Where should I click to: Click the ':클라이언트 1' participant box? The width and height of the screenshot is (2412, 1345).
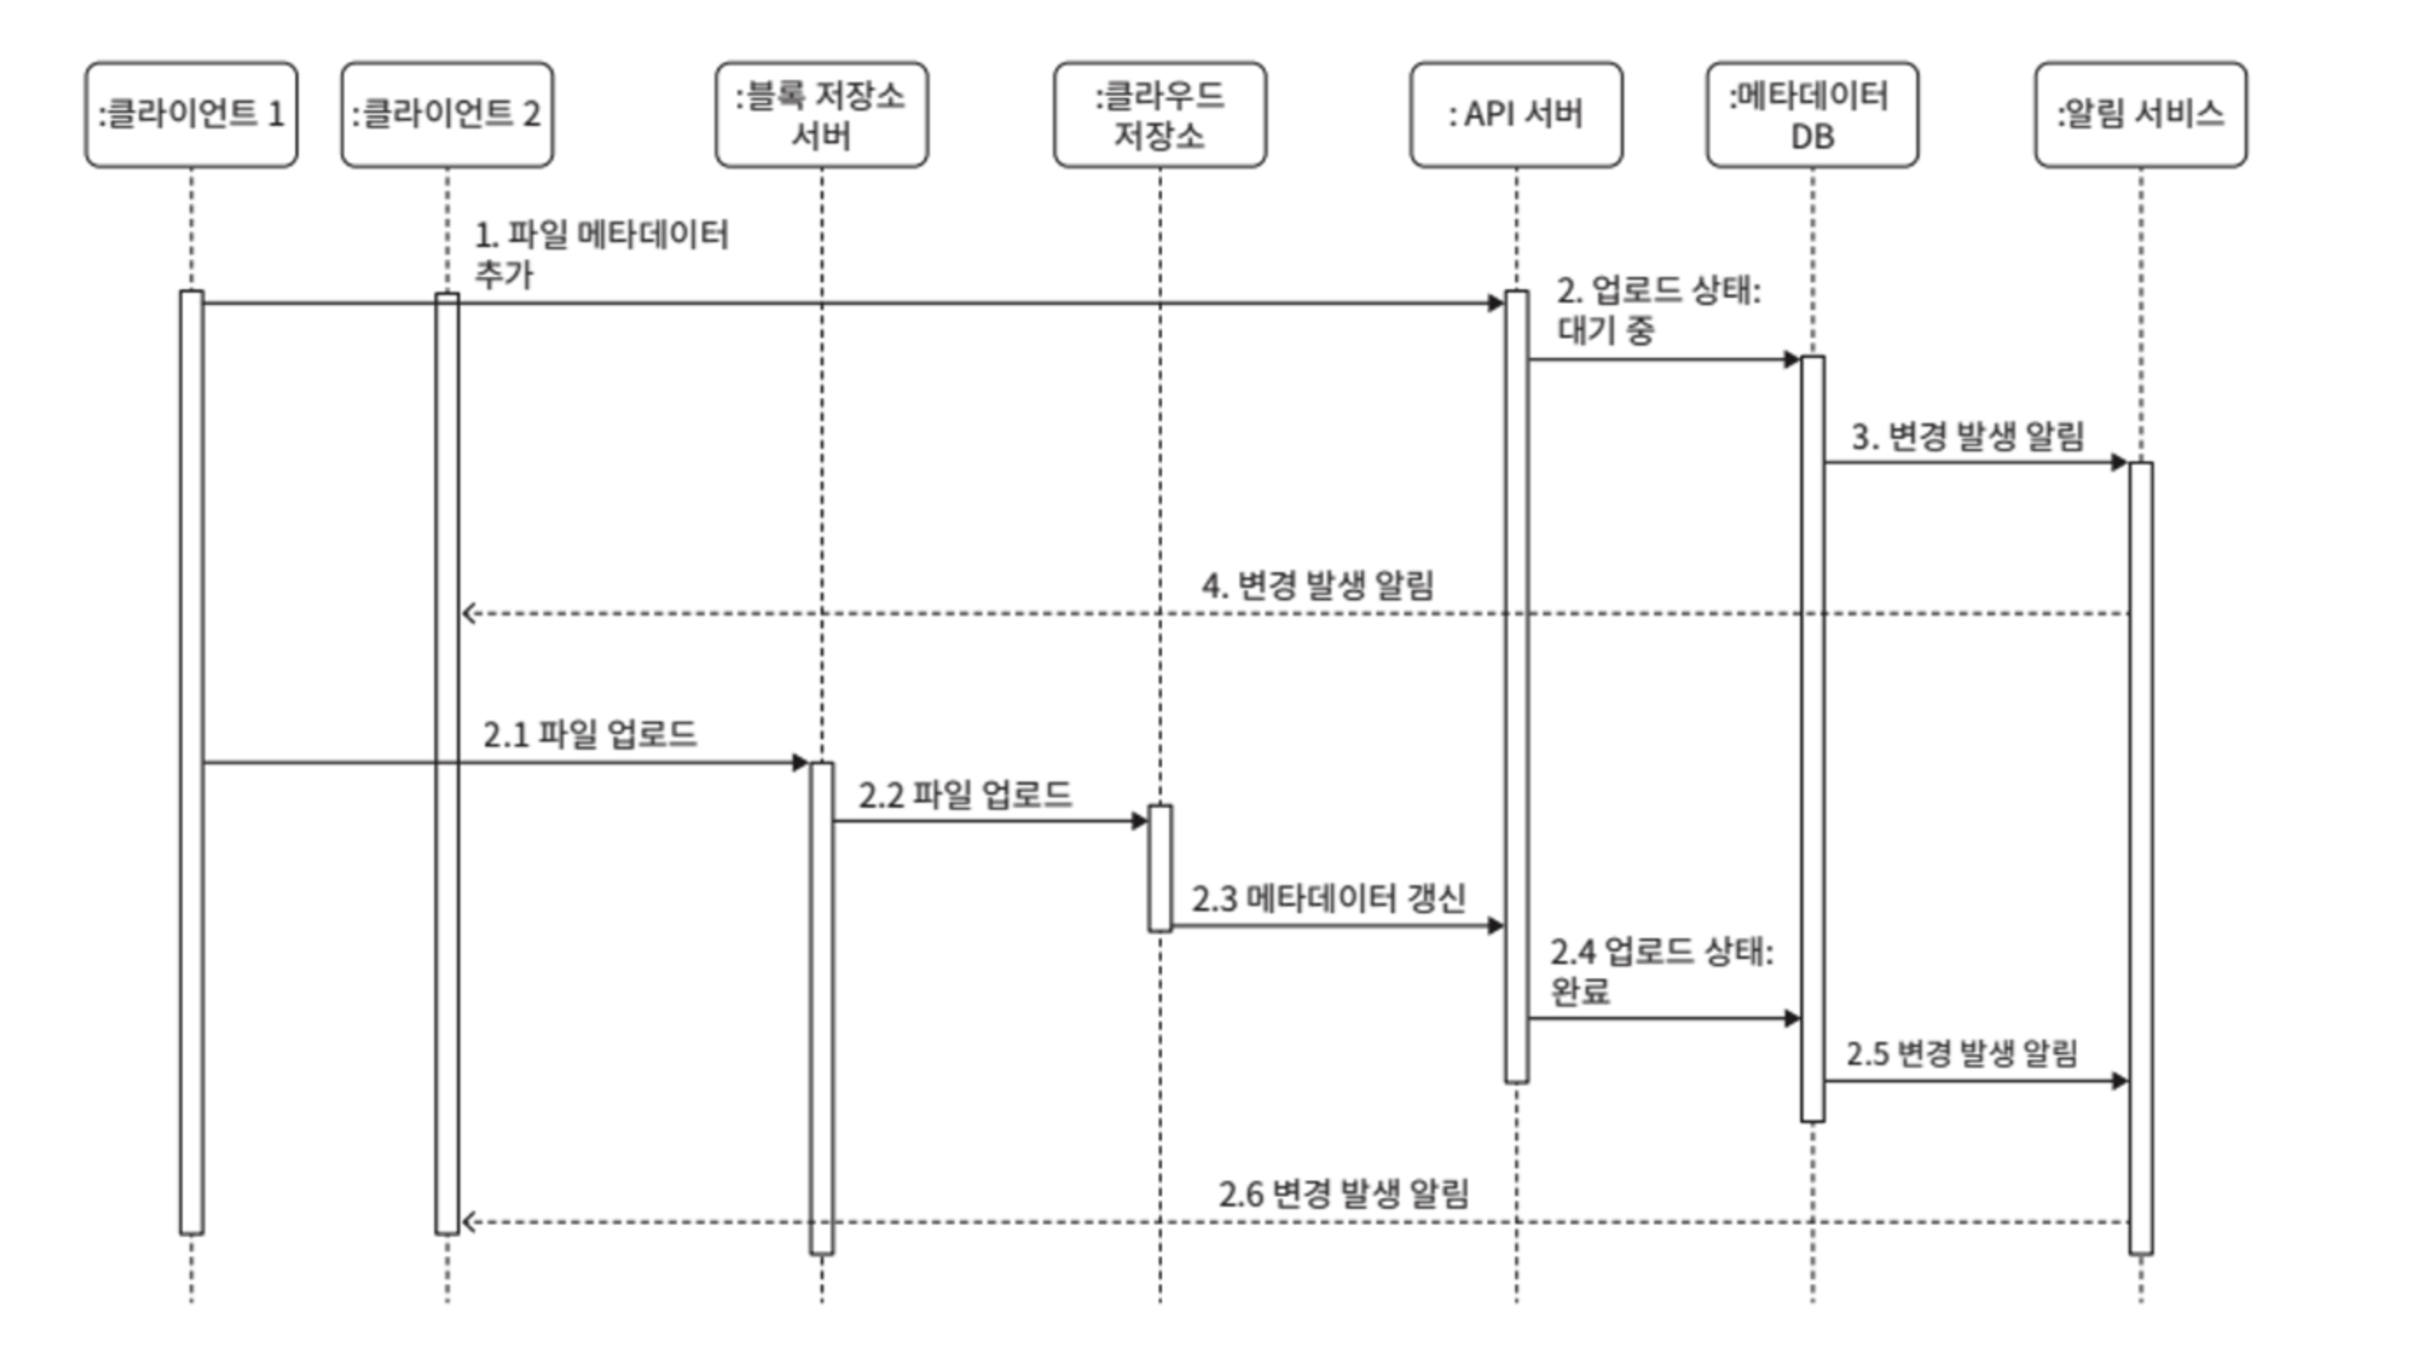(191, 114)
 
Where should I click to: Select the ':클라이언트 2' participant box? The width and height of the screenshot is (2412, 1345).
(447, 114)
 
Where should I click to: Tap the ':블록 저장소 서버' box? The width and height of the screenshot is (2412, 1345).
(821, 114)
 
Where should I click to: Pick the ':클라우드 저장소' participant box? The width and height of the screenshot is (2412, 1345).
(1159, 114)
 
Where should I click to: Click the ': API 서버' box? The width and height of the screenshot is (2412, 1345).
(1516, 114)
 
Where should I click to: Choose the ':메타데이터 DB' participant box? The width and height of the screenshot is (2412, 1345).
(1812, 114)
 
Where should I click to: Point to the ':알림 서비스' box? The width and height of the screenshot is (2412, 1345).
(2140, 114)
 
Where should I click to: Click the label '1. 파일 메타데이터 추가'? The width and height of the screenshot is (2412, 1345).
(601, 254)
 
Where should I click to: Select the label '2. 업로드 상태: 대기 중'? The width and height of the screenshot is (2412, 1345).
(1658, 310)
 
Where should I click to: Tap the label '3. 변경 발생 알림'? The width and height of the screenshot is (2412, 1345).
(1967, 437)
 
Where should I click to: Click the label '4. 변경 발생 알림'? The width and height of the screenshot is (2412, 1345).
(1318, 586)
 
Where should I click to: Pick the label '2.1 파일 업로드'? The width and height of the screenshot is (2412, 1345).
(590, 734)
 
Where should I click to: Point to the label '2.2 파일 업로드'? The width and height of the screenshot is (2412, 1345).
(964, 796)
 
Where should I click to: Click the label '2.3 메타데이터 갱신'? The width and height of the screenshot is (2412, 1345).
(1327, 899)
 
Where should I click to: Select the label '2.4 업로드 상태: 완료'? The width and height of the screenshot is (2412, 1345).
(1660, 971)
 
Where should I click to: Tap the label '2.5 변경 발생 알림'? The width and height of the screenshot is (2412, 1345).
(1962, 1054)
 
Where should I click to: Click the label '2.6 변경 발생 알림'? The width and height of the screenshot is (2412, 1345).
(1344, 1194)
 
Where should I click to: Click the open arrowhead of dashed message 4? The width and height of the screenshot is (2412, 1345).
(469, 614)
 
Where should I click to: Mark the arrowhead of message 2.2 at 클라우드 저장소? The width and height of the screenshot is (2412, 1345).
(1139, 821)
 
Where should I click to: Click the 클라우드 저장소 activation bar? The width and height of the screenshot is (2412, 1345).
(1159, 869)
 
